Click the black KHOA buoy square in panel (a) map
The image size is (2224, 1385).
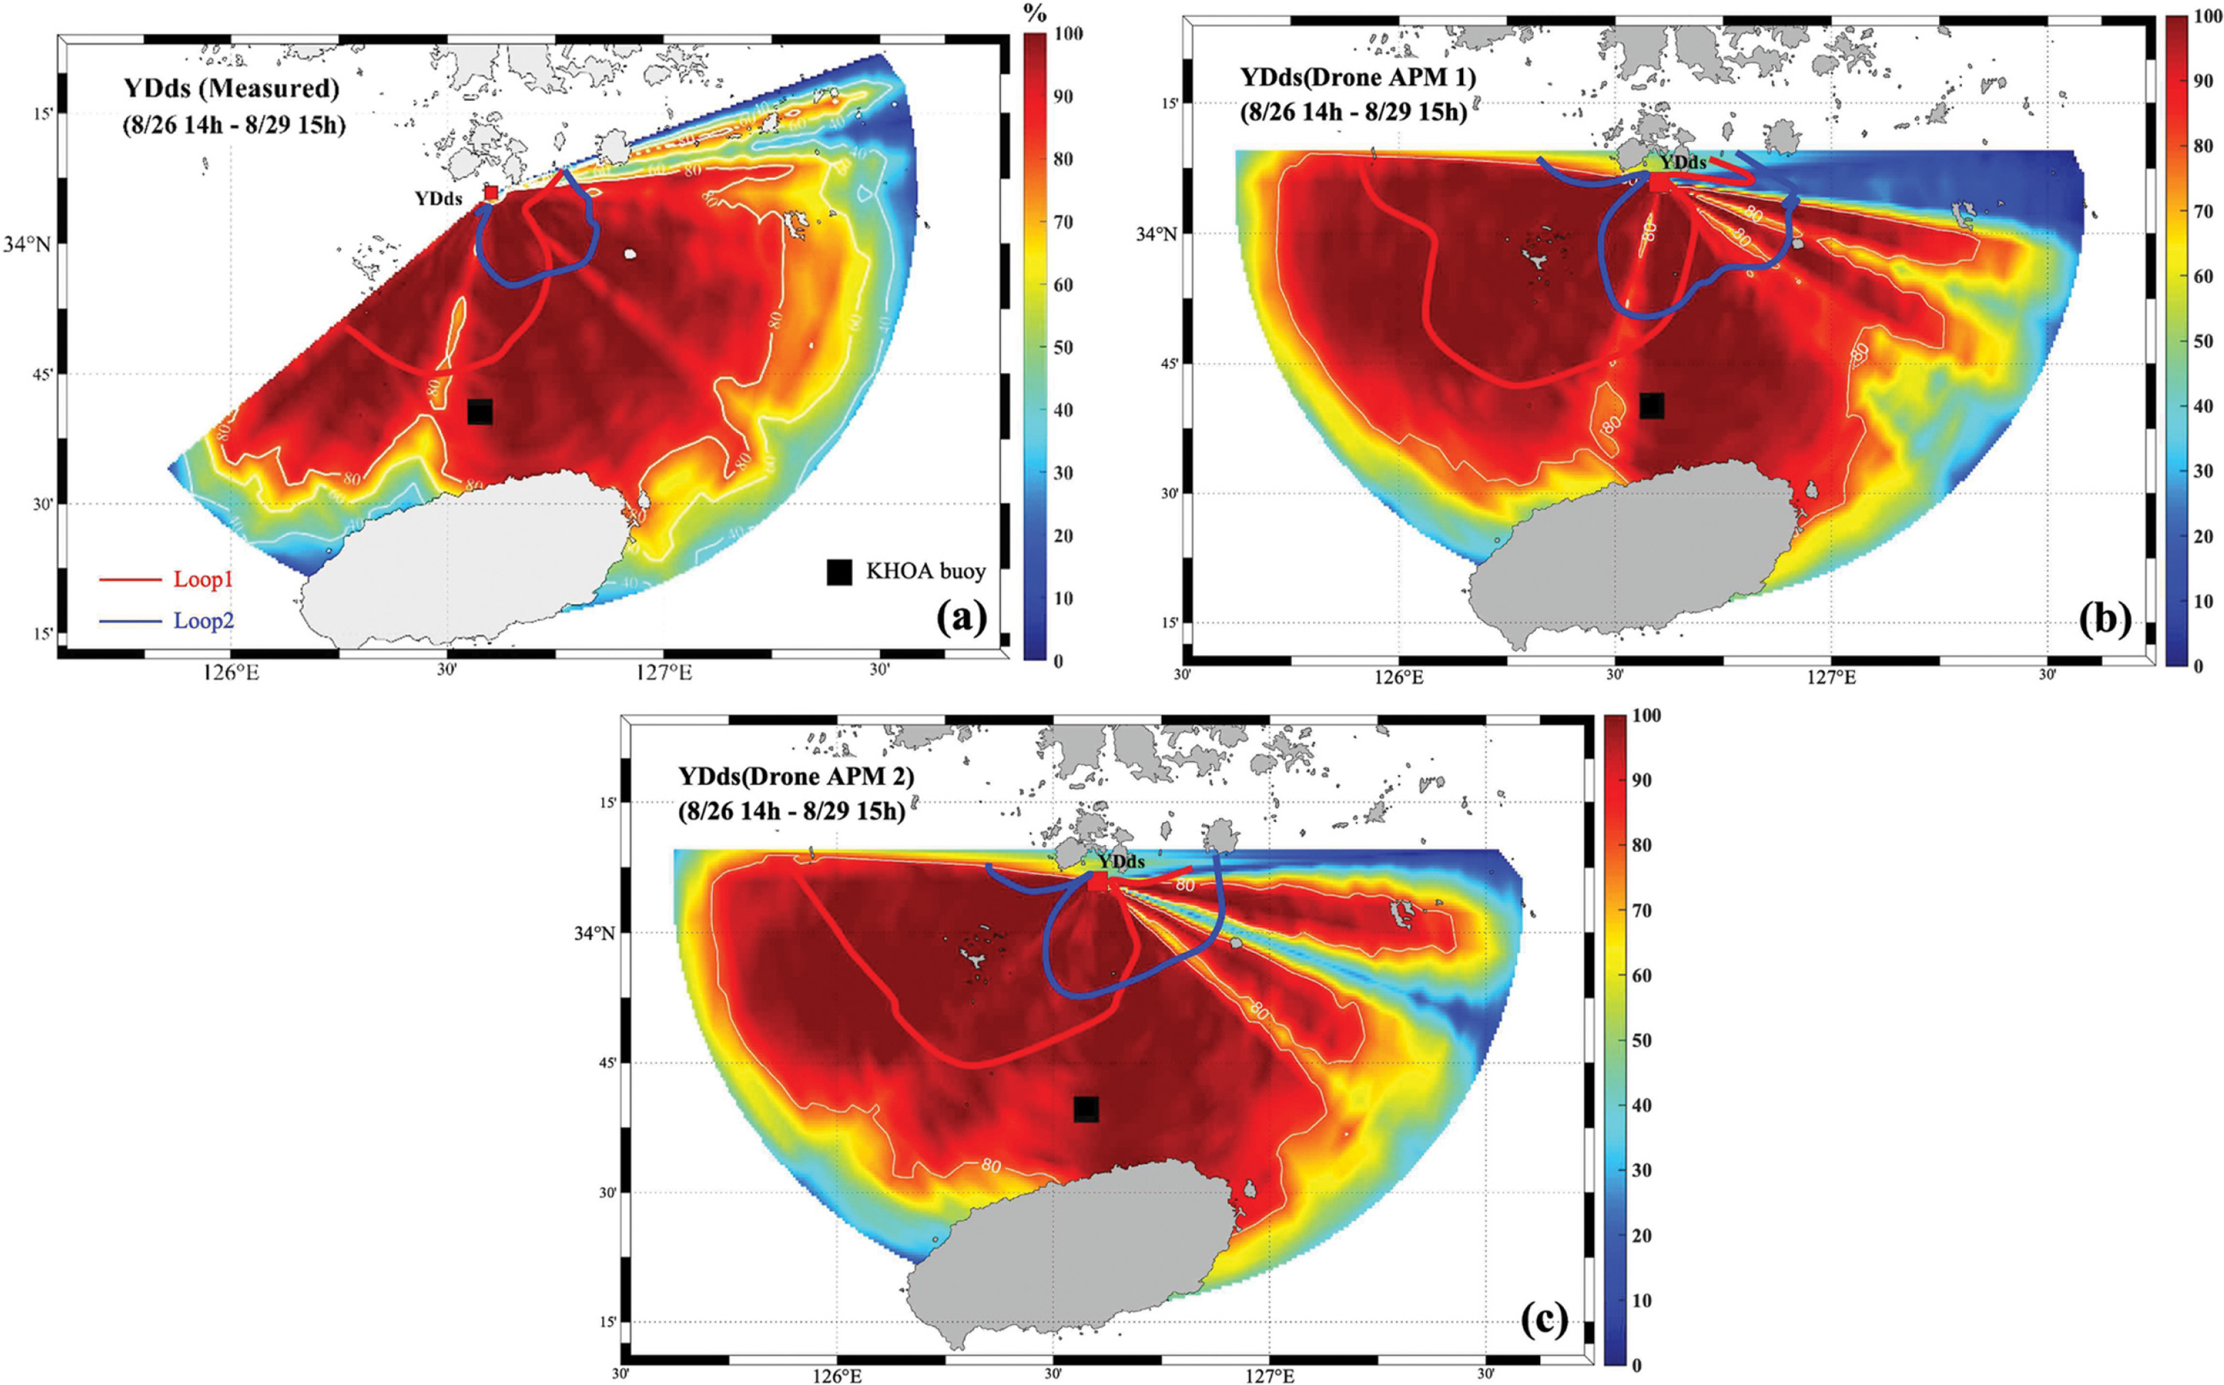pyautogui.click(x=480, y=412)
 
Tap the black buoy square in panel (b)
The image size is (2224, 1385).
pyautogui.click(x=1651, y=406)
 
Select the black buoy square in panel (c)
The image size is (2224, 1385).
pyautogui.click(x=1086, y=1109)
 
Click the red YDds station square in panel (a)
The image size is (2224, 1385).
pyautogui.click(x=491, y=192)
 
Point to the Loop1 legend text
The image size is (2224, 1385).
pyautogui.click(x=202, y=580)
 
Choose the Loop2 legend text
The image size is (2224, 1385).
pyautogui.click(x=203, y=621)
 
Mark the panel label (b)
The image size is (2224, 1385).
pyautogui.click(x=2104, y=621)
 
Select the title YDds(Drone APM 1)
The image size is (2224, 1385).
pyautogui.click(x=1357, y=78)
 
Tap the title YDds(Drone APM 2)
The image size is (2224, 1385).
pyautogui.click(x=796, y=777)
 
